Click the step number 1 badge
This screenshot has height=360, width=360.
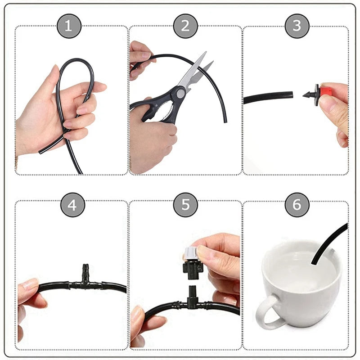click(x=68, y=26)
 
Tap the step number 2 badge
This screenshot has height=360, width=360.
click(x=185, y=26)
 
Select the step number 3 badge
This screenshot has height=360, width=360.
click(x=297, y=26)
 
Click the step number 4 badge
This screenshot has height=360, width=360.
click(x=72, y=205)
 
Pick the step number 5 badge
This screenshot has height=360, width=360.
click(x=186, y=205)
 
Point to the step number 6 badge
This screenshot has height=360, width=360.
click(x=297, y=205)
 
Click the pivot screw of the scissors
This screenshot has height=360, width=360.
click(x=180, y=93)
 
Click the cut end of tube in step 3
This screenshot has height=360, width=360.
click(x=291, y=95)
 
